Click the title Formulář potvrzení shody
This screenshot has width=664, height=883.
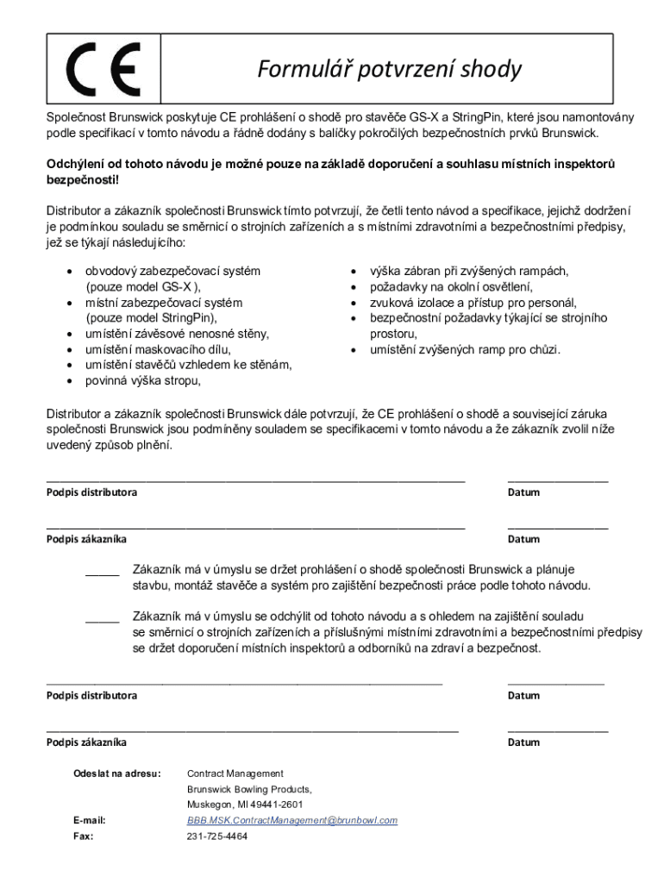[389, 69]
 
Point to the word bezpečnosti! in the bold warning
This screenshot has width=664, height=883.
[78, 179]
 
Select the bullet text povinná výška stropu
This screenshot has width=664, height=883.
[142, 380]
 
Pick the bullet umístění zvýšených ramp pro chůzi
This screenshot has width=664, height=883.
[465, 349]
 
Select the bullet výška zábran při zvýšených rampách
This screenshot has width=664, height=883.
[468, 271]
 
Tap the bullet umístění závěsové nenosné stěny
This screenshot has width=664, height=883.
[177, 334]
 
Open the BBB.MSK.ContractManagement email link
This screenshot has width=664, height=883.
[292, 820]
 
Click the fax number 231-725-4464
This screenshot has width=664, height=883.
[216, 836]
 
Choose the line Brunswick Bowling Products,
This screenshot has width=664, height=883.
[249, 789]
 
